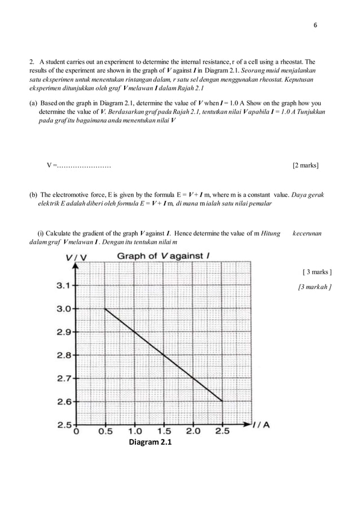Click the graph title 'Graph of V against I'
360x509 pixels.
pyautogui.click(x=163, y=257)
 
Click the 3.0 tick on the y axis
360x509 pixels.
pyautogui.click(x=63, y=309)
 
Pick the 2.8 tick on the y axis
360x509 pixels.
pyautogui.click(x=63, y=356)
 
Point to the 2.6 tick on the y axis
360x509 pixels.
pyautogui.click(x=63, y=402)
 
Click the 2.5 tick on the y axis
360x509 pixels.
pyautogui.click(x=63, y=424)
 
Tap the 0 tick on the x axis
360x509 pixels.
pyautogui.click(x=76, y=433)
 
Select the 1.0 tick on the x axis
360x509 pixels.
pyautogui.click(x=134, y=433)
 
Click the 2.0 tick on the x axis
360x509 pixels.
pyautogui.click(x=193, y=433)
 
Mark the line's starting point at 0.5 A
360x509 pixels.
pyautogui.click(x=106, y=309)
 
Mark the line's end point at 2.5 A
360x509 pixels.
pyautogui.click(x=222, y=401)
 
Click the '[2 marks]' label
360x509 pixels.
pyautogui.click(x=305, y=166)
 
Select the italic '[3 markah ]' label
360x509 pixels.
pyautogui.click(x=314, y=287)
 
